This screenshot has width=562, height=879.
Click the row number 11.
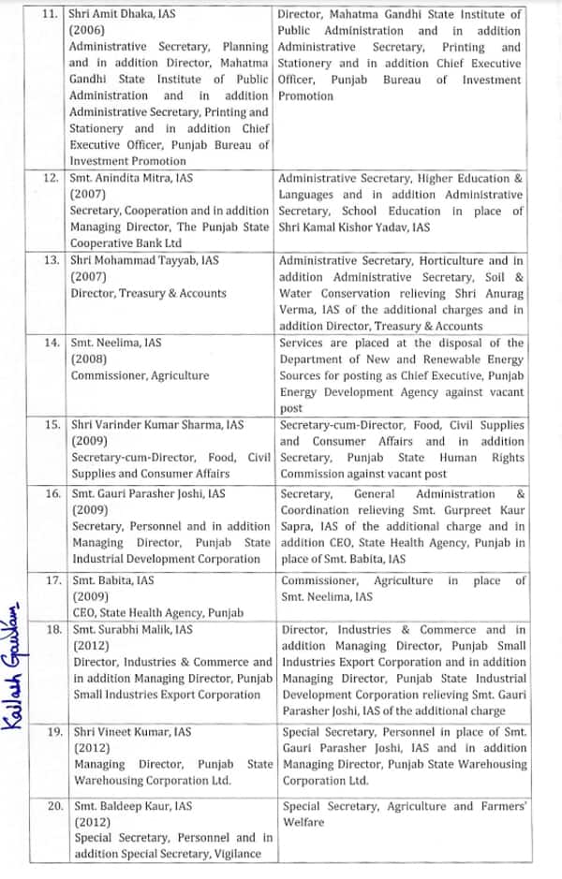pyautogui.click(x=52, y=14)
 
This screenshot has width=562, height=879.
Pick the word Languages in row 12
pyautogui.click(x=305, y=194)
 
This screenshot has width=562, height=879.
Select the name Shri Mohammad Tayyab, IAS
pyautogui.click(x=145, y=259)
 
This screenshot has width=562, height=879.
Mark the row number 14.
pyautogui.click(x=52, y=343)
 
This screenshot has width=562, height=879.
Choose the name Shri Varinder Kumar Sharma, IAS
pyautogui.click(x=158, y=424)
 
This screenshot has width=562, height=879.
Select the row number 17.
pyautogui.click(x=52, y=580)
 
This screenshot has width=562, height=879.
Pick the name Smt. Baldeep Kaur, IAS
pyautogui.click(x=132, y=805)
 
